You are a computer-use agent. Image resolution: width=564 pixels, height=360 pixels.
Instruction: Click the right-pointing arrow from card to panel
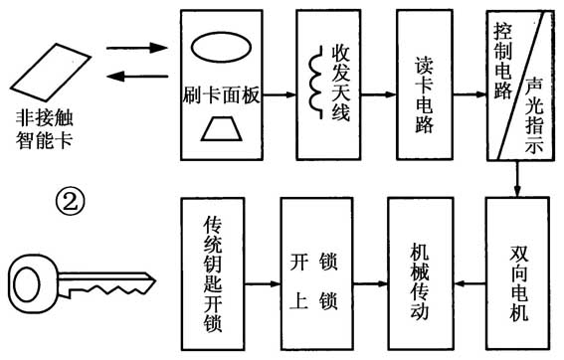[133, 47]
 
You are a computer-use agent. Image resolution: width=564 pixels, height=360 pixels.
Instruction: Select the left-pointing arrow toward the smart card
[133, 75]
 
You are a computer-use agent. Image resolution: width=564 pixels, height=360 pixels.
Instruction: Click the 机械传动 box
[419, 270]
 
